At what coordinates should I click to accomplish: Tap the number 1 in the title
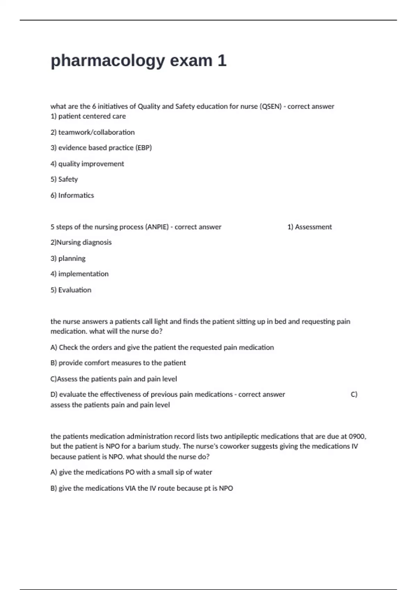222,60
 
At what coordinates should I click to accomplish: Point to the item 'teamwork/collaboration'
96,132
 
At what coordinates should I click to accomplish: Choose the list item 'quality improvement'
91,164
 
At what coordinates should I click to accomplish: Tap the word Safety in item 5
68,179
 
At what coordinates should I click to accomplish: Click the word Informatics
76,195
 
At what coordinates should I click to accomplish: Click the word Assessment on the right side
313,227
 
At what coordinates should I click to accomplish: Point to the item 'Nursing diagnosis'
84,243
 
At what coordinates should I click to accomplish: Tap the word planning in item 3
72,259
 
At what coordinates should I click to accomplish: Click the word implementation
83,274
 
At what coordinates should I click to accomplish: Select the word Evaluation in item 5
75,290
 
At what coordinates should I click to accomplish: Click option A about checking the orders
162,347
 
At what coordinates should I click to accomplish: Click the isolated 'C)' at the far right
354,395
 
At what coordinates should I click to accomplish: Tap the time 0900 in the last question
357,437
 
